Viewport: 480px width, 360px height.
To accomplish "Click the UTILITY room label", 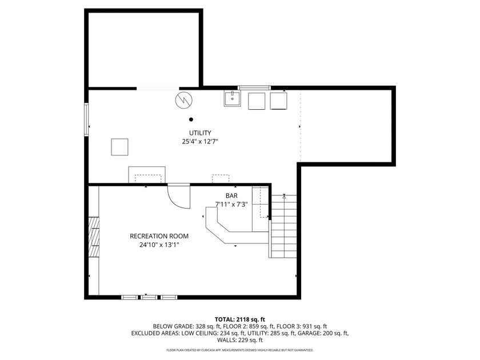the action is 200,133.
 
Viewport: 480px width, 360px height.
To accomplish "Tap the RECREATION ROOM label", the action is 159,236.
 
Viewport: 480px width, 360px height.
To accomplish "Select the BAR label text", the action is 231,195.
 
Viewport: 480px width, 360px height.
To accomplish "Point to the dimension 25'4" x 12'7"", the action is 200,142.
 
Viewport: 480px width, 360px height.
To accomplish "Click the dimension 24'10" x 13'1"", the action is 159,245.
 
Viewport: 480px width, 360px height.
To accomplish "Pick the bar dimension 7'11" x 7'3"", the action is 231,204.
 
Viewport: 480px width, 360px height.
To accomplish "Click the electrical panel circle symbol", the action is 184,100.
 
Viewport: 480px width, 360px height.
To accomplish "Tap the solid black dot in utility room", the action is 191,119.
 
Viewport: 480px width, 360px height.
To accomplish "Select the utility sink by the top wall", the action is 233,98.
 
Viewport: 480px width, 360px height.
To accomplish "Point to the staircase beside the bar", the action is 283,226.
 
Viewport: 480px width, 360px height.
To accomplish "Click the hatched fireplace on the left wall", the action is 94,237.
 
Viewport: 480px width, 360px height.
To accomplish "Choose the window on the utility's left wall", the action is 87,119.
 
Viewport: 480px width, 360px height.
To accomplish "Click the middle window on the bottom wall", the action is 149,297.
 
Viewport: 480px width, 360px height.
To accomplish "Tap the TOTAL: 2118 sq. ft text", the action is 239,320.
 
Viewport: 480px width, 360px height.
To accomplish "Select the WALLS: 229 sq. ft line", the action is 239,340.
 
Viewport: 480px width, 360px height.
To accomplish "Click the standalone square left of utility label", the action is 119,147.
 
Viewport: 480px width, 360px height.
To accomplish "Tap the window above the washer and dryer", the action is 254,88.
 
